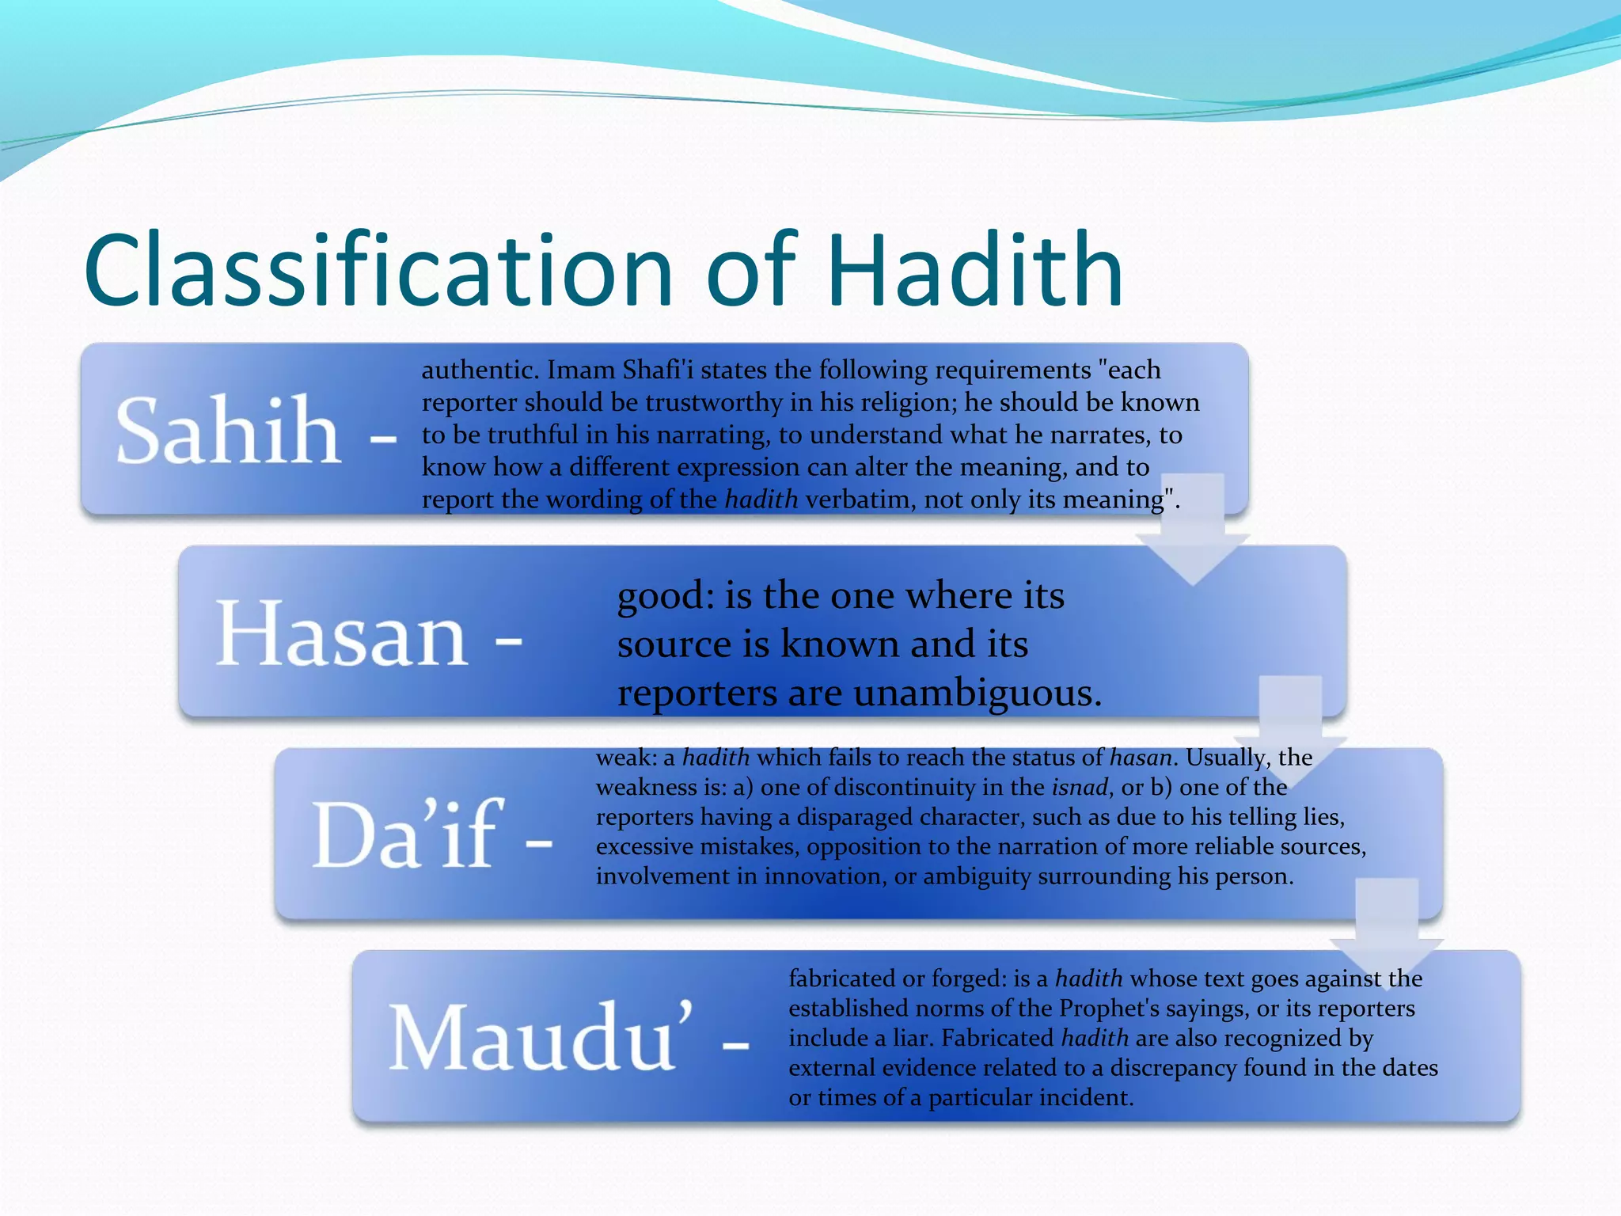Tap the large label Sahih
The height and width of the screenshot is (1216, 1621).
[228, 431]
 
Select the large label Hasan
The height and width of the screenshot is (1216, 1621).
[342, 633]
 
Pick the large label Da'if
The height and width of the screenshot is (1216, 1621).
[408, 835]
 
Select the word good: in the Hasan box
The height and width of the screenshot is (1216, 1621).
[666, 595]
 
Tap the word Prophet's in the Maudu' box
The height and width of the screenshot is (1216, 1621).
[1110, 1009]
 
